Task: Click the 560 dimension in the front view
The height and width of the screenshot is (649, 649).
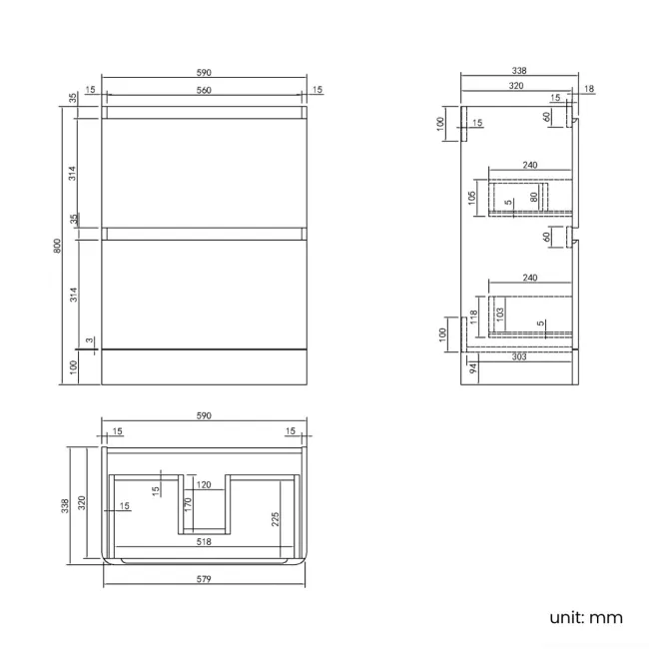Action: [x=204, y=90]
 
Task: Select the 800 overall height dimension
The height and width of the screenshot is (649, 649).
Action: [x=57, y=244]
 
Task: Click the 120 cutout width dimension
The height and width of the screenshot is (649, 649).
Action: [x=204, y=483]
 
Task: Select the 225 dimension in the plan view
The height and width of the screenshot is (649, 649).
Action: [x=274, y=519]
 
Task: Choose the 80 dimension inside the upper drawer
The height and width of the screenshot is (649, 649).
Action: [x=534, y=197]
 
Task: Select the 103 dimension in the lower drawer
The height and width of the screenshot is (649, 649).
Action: [x=499, y=313]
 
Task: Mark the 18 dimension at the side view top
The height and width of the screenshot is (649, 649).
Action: [x=588, y=90]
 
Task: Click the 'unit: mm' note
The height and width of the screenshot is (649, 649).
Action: [x=586, y=617]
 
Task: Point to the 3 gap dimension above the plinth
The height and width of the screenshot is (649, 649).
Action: [x=89, y=340]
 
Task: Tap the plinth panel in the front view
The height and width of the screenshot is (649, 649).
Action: [x=204, y=365]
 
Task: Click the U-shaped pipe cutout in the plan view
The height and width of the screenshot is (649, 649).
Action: [x=204, y=504]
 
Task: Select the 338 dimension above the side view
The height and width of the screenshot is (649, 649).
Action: [x=519, y=71]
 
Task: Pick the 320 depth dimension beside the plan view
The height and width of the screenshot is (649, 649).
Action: [x=83, y=501]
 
